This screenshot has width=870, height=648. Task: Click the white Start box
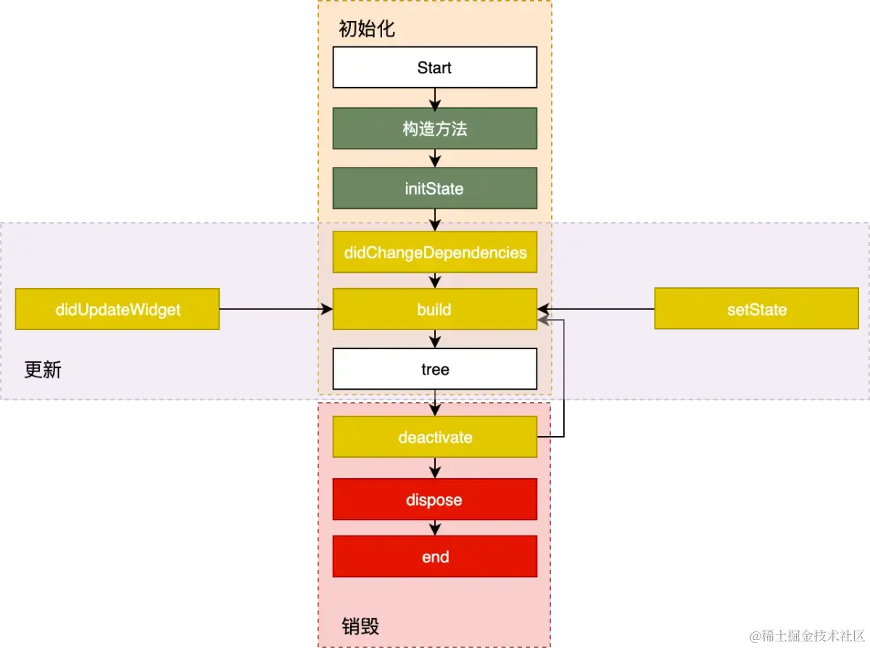[434, 67]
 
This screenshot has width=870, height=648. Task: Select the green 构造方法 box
[434, 128]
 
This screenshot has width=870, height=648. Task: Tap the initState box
[434, 189]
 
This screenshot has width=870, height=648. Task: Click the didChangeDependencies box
[434, 252]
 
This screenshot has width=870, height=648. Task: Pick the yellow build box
[434, 310]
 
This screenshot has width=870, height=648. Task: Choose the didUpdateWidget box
[117, 310]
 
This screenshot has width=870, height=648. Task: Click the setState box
[756, 310]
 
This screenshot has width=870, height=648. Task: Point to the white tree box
[434, 369]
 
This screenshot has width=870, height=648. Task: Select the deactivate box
[434, 437]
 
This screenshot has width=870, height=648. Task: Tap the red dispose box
[434, 499]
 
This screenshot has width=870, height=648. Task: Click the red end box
[434, 557]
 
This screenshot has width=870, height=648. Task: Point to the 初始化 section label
[367, 30]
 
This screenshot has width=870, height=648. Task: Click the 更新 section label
[43, 370]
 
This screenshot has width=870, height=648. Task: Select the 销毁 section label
[360, 626]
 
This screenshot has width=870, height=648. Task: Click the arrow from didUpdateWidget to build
[275, 310]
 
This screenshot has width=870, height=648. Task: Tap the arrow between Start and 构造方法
[434, 98]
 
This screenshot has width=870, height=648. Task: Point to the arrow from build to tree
[434, 339]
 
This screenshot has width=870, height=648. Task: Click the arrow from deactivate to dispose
[434, 467]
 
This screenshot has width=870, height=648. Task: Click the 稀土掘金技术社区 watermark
[808, 635]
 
